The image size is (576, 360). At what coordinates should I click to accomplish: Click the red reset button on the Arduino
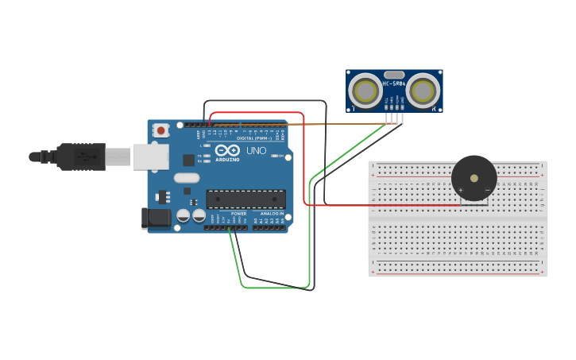click(161, 130)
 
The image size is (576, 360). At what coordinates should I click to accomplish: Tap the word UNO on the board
click(257, 150)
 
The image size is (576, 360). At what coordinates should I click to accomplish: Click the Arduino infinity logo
click(227, 150)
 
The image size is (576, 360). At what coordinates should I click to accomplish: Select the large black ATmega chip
click(245, 199)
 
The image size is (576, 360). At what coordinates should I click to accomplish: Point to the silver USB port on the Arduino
click(150, 157)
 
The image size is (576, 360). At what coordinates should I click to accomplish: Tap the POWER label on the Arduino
click(238, 214)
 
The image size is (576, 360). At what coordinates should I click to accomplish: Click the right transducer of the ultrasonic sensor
click(423, 91)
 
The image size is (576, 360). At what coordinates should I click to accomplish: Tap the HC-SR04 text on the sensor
click(394, 83)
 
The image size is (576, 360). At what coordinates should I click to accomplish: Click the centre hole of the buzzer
click(474, 178)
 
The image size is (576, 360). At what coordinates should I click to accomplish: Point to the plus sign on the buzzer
click(461, 190)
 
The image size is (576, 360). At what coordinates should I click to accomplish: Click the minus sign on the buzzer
click(487, 190)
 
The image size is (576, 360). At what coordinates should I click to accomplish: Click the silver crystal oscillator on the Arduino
click(187, 178)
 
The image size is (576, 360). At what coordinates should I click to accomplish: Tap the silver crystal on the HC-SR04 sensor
click(394, 74)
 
